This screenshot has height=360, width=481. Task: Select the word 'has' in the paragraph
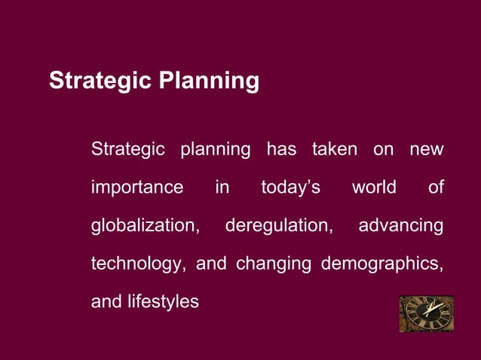click(281, 149)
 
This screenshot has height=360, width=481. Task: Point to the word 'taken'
click(335, 149)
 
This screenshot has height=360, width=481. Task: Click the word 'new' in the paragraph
click(427, 149)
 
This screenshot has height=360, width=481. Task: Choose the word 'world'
click(374, 187)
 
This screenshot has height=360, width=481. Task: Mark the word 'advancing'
click(401, 226)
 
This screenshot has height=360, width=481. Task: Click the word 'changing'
click(274, 264)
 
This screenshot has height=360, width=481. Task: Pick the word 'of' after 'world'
click(436, 187)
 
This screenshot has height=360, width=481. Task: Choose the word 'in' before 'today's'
click(222, 187)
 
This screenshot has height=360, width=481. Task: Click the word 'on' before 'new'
click(383, 149)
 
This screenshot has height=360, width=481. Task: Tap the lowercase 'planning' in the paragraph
click(216, 150)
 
